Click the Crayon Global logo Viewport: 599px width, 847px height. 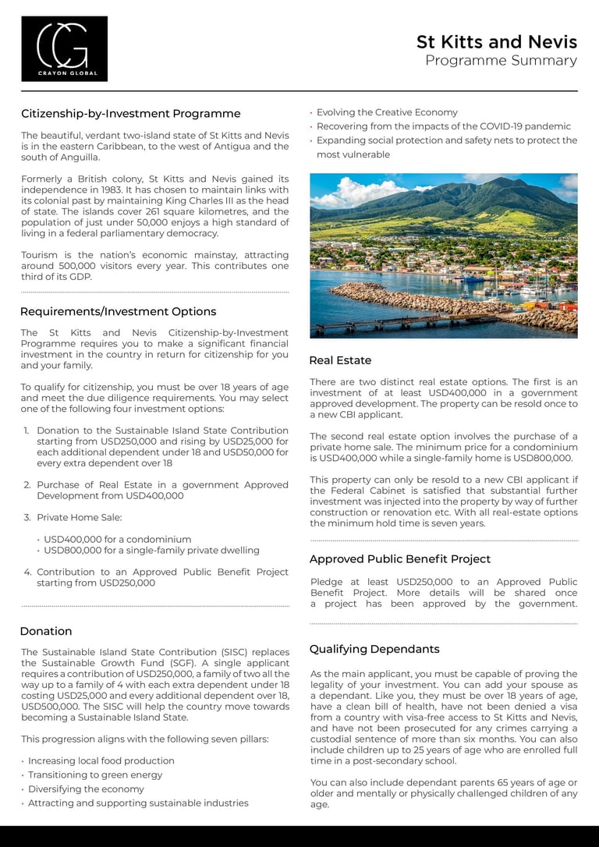(64, 48)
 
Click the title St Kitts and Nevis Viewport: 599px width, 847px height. (497, 41)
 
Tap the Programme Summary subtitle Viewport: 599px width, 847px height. (501, 61)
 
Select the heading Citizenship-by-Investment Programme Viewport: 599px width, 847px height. (130, 114)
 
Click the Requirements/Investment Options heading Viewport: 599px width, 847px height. (118, 312)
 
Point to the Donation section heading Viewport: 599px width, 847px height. (46, 631)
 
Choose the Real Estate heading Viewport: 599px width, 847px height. (340, 360)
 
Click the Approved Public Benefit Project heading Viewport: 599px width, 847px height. (400, 559)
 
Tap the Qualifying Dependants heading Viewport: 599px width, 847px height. (374, 649)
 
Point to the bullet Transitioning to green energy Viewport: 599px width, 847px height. (95, 775)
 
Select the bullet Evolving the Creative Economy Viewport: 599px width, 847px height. (387, 112)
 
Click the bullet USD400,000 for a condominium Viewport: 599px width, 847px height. (117, 539)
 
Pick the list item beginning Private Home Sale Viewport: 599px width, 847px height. (79, 517)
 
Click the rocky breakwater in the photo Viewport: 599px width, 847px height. (406, 299)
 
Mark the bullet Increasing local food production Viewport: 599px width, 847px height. (101, 761)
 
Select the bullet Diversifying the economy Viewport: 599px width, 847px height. (86, 789)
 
